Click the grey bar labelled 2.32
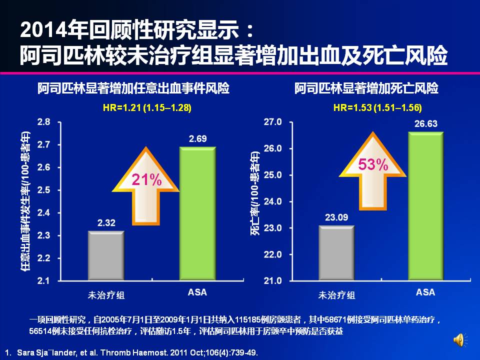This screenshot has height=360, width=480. [x=106, y=255]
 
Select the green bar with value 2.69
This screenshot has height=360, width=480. [x=197, y=213]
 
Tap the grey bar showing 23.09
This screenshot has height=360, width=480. [x=336, y=253]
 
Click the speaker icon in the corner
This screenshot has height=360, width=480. [x=459, y=340]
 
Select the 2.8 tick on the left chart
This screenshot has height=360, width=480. [x=44, y=122]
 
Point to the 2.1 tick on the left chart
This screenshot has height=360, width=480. [x=44, y=280]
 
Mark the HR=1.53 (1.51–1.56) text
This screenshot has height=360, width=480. [x=377, y=107]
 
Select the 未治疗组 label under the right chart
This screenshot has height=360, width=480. [x=336, y=294]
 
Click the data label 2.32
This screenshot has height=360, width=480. [x=106, y=223]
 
